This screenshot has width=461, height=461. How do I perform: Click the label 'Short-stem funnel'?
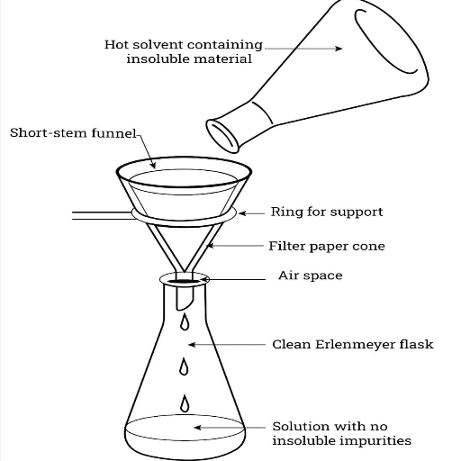pos(73,133)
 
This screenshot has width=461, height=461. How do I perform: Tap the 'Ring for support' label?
pos(327,212)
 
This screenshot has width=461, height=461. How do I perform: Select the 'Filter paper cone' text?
pos(327,246)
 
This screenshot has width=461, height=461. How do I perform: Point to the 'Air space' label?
pos(310,276)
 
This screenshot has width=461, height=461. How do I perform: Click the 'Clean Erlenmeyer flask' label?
pos(340,344)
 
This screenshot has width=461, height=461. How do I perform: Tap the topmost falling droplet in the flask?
pos(185,321)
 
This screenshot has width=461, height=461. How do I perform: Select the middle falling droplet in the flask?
pos(185,366)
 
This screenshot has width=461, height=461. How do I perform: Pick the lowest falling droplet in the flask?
pos(185,402)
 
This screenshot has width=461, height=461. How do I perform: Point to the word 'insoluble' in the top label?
pos(157,59)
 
